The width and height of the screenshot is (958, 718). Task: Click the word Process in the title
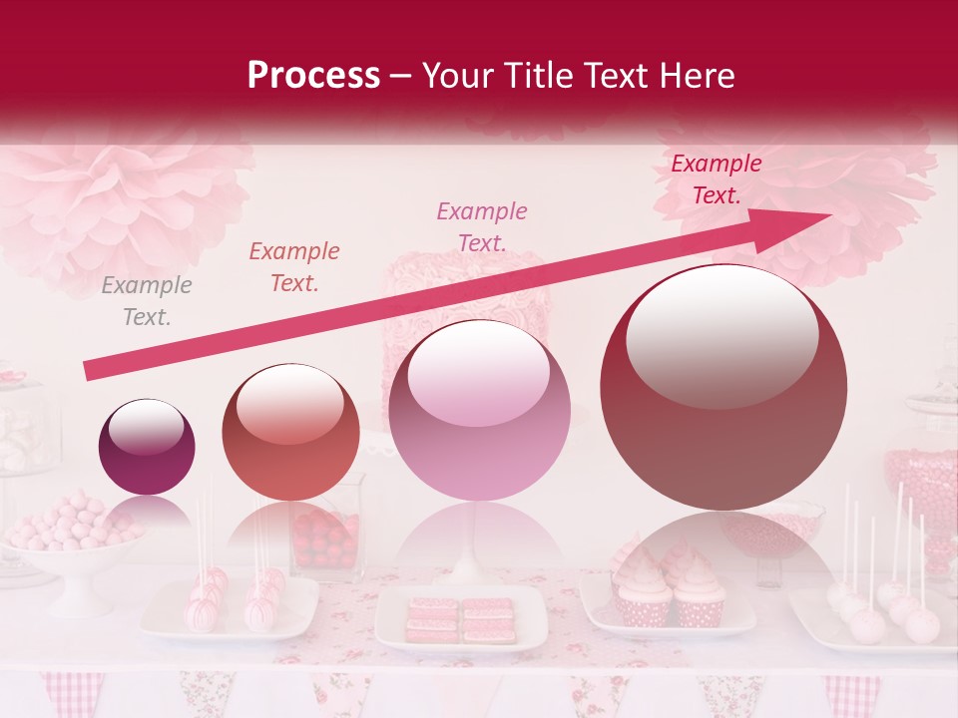(x=313, y=76)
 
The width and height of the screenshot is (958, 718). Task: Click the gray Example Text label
(x=146, y=301)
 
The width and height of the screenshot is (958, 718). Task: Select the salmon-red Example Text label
(x=293, y=267)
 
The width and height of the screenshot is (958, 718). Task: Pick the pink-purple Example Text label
(x=481, y=226)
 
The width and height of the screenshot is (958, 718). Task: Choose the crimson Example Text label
(x=716, y=179)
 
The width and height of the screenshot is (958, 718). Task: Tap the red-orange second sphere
(x=289, y=432)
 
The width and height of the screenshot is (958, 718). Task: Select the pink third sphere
(x=479, y=410)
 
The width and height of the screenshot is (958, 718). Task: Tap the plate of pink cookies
(x=460, y=619)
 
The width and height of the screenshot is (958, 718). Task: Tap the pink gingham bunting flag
(x=72, y=692)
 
